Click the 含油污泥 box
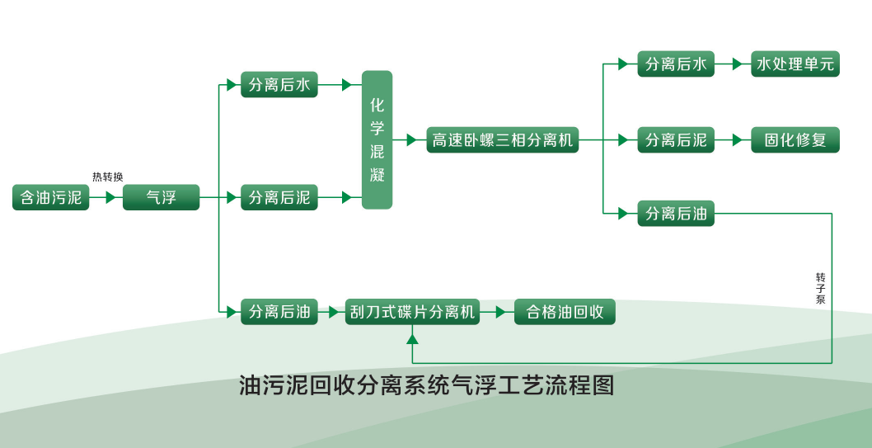pos(51,197)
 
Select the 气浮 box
pos(161,197)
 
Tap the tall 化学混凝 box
pos(377,139)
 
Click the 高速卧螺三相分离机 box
pos(502,139)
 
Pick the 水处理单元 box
pos(795,64)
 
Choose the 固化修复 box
pos(795,139)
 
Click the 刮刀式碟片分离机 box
pos(412,312)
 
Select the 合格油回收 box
pos(565,312)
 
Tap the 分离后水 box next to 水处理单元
pos(676,64)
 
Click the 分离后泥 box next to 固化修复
pos(676,139)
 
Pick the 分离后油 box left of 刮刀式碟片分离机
pos(279,312)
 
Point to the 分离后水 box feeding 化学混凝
pos(279,84)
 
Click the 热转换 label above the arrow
pos(108,177)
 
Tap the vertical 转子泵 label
pos(820,288)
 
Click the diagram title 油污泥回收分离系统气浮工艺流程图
pos(426,385)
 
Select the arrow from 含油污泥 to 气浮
pos(105,197)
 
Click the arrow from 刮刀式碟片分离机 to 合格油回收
pos(496,312)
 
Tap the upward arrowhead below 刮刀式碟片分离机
pos(412,337)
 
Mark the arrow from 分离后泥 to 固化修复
pos(733,139)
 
